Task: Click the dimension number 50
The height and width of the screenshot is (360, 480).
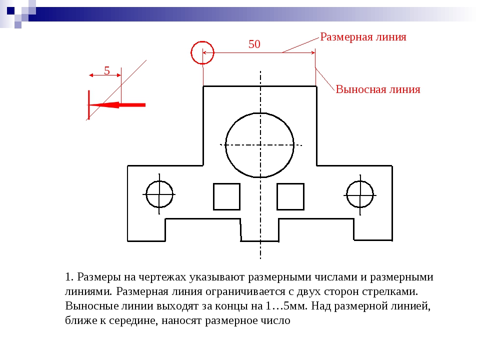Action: [254, 44]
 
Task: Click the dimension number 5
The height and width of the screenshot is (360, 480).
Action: [107, 70]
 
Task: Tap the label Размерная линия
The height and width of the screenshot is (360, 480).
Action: [363, 37]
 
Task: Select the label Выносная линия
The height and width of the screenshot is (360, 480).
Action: [378, 89]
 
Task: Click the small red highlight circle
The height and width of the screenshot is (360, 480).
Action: [202, 41]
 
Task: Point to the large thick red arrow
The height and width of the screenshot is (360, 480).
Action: [117, 105]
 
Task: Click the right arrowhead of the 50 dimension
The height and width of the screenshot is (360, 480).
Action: [313, 52]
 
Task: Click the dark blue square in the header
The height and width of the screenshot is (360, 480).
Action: [10, 10]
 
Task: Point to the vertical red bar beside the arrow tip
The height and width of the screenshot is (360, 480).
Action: [89, 104]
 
